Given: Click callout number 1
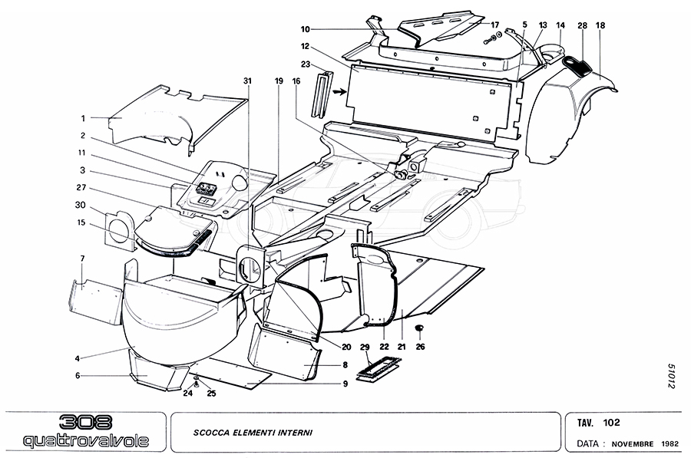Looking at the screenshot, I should (x=83, y=119).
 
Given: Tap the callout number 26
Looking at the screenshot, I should (x=419, y=346).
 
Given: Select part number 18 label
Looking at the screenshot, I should (x=600, y=26).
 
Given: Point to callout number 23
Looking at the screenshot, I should (x=306, y=64).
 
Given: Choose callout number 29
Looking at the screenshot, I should (x=365, y=346).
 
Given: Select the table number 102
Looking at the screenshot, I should (x=612, y=422).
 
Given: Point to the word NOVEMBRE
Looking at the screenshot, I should (x=633, y=444).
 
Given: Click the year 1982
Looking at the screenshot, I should (x=669, y=444).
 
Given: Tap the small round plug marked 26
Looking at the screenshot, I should (x=420, y=328).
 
